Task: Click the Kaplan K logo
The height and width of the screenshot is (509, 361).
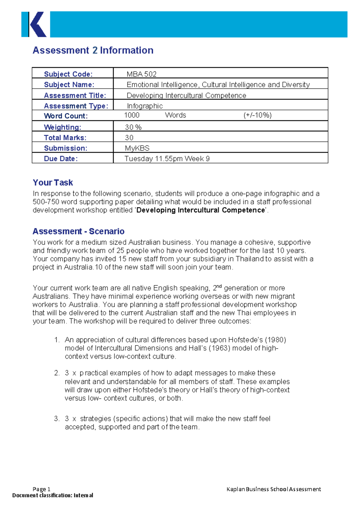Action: [34, 24]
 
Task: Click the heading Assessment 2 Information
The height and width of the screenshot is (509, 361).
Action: [93, 50]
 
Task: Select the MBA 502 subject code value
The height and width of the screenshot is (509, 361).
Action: [141, 74]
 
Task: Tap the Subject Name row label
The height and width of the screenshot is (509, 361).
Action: [69, 85]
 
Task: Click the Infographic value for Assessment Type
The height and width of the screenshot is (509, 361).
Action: [145, 106]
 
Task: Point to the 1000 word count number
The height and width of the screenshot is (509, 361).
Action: [132, 115]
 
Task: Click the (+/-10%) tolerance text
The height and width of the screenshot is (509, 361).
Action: [258, 115]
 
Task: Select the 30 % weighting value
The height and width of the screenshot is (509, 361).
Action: [133, 127]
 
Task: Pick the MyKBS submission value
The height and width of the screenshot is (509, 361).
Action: [137, 148]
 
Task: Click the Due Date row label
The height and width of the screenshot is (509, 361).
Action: [61, 159]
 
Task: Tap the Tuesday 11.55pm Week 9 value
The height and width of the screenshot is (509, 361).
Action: [167, 159]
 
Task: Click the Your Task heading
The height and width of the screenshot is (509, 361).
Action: [53, 183]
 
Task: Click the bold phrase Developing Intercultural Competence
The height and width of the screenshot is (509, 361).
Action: [201, 210]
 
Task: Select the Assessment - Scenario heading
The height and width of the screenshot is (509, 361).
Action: [79, 231]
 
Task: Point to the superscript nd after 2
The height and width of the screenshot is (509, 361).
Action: [219, 286]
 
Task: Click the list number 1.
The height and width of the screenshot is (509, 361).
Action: [57, 340]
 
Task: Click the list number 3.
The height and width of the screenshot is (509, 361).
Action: [57, 419]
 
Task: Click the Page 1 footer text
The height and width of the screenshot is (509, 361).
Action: [42, 489]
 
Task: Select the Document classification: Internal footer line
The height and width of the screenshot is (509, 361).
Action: [53, 495]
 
